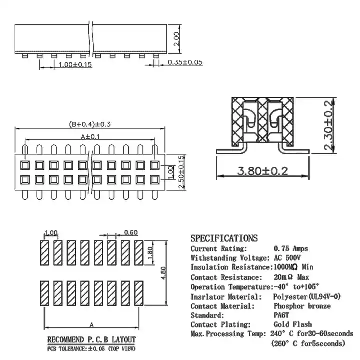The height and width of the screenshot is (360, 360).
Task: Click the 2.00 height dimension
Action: pos(176,39)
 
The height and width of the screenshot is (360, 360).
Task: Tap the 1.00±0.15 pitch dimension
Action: pos(75,64)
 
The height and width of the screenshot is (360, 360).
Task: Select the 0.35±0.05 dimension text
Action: pos(185,62)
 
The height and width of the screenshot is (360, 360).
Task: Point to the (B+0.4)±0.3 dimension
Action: pos(90,124)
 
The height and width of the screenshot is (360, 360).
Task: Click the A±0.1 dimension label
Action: pos(90,137)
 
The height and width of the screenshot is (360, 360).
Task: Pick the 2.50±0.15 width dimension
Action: pos(182,172)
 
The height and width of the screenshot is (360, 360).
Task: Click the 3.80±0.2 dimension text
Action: pos(262,171)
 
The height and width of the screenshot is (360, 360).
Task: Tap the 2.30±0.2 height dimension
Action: pos(328,125)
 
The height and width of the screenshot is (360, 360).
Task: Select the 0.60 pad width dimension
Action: pos(131,233)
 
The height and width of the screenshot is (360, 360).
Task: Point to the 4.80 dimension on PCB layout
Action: pos(163,273)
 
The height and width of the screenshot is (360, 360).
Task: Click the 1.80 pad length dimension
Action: pos(150,253)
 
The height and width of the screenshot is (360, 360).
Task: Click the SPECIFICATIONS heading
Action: pos(224,238)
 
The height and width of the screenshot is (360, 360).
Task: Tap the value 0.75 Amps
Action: pos(291,249)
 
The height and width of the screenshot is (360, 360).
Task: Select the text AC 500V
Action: pos(287,258)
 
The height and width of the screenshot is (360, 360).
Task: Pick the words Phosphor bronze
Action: pos(302,306)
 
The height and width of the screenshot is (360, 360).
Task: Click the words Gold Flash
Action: pos(293,324)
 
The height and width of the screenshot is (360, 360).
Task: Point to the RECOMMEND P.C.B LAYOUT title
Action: pos(91,340)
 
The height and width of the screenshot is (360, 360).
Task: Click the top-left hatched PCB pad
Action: pos(45,253)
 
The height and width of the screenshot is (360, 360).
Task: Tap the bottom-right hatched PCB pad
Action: pos(139,293)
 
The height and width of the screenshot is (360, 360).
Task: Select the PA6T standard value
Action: pos(281,315)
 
